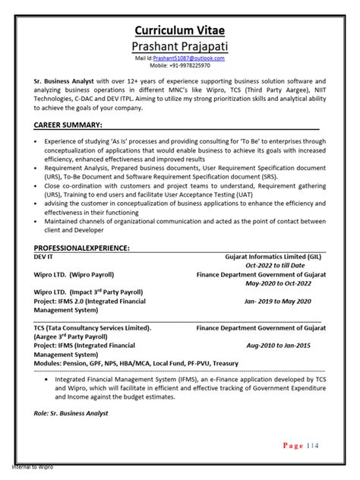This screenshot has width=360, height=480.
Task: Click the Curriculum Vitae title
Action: tap(180, 30)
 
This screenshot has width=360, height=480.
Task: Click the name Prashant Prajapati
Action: tap(180, 46)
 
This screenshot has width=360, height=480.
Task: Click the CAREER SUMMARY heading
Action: tap(68, 124)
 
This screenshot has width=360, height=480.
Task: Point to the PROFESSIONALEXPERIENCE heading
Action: tap(82, 248)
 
